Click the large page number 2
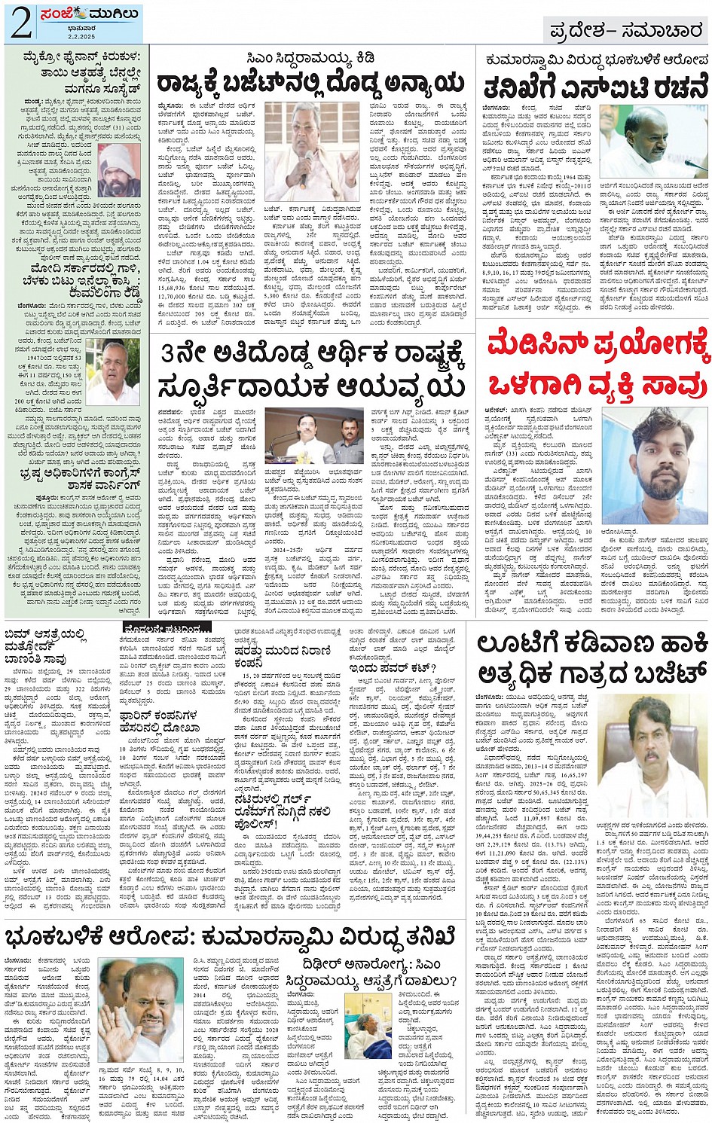(x=21, y=23)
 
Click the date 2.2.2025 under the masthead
(x=69, y=36)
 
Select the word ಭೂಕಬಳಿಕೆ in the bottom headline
(x=57, y=937)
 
